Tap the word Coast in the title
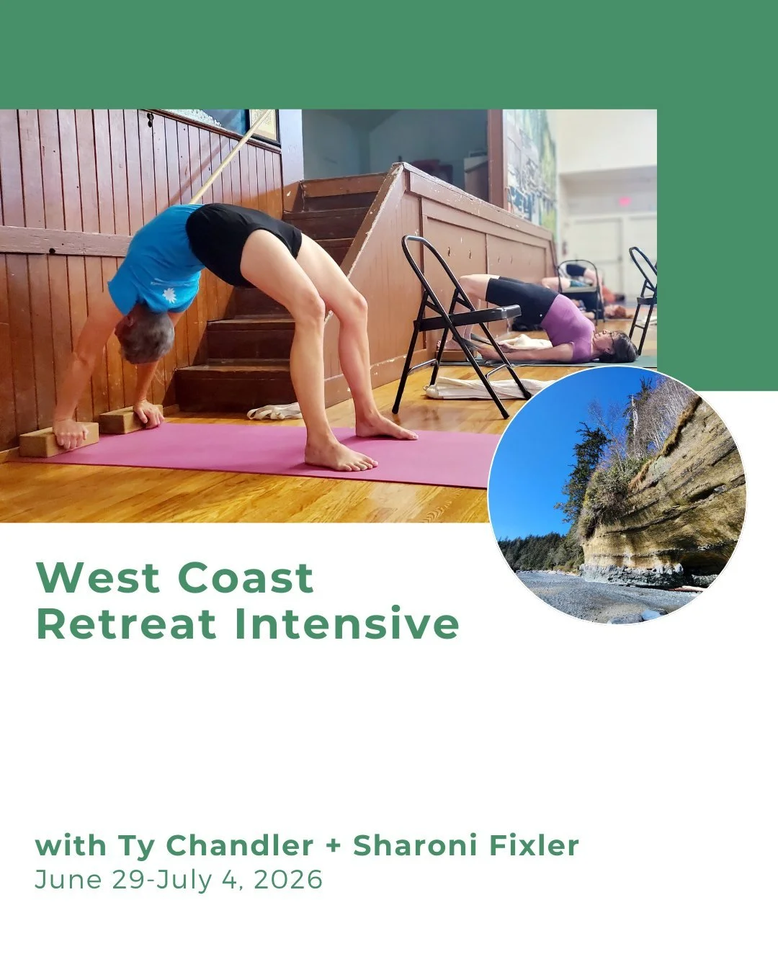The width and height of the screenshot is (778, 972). coord(246,577)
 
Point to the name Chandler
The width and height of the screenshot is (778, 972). coord(240,845)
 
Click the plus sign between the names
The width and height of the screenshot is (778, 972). coord(333,847)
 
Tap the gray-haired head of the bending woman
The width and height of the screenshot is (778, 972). coord(146,337)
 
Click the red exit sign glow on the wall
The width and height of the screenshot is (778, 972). coord(624,201)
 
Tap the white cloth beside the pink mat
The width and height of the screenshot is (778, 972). coord(274,412)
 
